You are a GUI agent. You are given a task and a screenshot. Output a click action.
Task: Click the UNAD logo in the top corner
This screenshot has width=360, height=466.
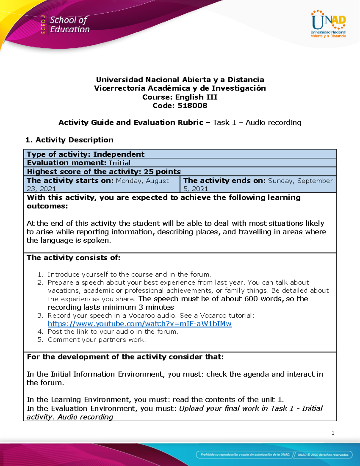click(x=328, y=24)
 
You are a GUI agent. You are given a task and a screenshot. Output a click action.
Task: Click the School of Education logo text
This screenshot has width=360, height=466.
click(x=69, y=25)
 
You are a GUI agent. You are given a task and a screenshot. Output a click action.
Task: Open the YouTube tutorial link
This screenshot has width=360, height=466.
click(x=139, y=324)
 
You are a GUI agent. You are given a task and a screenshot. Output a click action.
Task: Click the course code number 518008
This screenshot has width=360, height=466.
click(x=192, y=106)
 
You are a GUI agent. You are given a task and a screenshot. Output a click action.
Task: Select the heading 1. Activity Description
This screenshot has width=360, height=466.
click(x=69, y=140)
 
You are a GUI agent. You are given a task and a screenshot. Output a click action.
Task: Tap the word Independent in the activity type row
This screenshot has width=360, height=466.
click(x=119, y=154)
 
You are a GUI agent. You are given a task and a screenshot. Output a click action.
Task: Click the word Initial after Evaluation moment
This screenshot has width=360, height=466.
click(x=120, y=163)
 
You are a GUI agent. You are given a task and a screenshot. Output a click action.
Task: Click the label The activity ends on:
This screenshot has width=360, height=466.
click(x=224, y=181)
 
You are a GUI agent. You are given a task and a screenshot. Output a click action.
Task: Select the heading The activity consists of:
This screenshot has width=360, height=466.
click(x=73, y=258)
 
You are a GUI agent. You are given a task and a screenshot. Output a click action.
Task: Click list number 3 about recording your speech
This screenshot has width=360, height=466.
click(x=40, y=315)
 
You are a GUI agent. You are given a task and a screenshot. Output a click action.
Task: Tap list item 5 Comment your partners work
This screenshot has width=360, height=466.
click(x=97, y=340)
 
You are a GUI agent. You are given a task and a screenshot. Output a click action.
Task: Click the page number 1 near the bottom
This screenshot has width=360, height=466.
click(x=333, y=433)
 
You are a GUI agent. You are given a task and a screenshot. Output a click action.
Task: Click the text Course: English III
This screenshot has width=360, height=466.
click(x=180, y=97)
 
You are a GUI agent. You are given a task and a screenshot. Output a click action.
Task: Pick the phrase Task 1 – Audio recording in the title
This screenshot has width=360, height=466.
click(x=257, y=122)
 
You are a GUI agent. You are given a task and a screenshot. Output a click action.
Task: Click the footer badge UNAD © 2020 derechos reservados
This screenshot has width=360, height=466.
click(x=323, y=455)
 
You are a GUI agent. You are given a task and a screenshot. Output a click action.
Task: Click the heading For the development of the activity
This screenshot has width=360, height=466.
click(x=125, y=357)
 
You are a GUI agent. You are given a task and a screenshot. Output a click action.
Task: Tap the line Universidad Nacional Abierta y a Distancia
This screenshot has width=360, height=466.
click(x=180, y=80)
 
